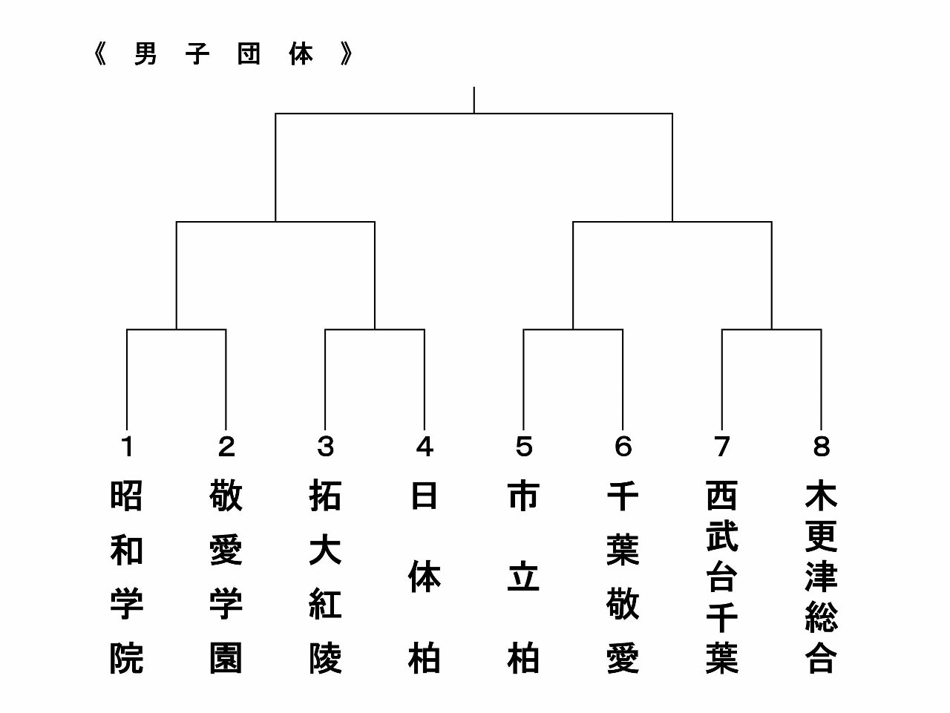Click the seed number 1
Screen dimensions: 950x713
click(x=127, y=447)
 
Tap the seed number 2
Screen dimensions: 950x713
click(x=226, y=447)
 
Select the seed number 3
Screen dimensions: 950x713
click(x=325, y=447)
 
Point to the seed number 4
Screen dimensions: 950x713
click(x=425, y=447)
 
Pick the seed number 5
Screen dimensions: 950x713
click(x=523, y=447)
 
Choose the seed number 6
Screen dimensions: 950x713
click(x=623, y=447)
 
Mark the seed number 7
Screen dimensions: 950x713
click(x=721, y=447)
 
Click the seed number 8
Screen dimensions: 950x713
click(x=821, y=447)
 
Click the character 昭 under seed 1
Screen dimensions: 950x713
click(x=127, y=496)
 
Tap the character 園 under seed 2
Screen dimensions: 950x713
click(x=226, y=658)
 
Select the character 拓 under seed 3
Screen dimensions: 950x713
click(x=325, y=496)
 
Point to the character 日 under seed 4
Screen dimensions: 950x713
click(x=425, y=496)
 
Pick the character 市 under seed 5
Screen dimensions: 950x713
click(x=523, y=496)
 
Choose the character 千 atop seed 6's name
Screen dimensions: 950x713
click(x=623, y=496)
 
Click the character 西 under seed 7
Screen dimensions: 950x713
click(x=721, y=496)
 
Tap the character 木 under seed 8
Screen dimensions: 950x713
click(x=821, y=496)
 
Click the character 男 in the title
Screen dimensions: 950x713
click(x=145, y=55)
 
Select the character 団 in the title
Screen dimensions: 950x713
click(x=249, y=55)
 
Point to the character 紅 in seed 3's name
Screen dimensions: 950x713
click(x=325, y=604)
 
